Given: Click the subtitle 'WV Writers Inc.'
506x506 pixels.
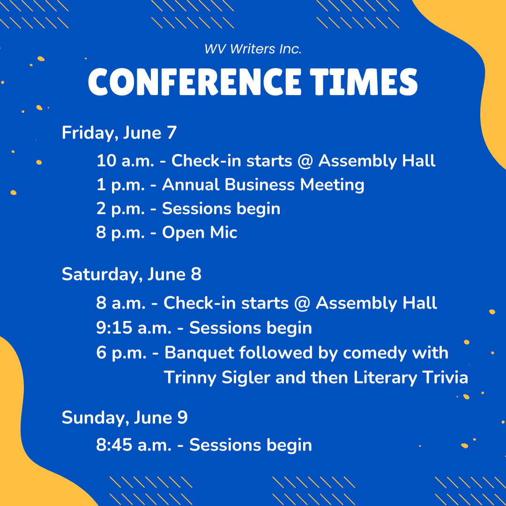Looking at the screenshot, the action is (x=253, y=49).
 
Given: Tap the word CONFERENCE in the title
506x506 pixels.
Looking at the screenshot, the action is (x=194, y=82).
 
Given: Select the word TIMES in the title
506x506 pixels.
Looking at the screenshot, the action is (x=364, y=82).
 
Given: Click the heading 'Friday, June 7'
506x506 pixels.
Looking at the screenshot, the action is (x=119, y=133).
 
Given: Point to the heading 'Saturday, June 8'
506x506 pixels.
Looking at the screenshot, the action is (x=131, y=275).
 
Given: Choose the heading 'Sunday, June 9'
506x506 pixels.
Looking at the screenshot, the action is (x=125, y=417).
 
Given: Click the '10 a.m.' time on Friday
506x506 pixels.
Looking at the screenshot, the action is (x=125, y=161).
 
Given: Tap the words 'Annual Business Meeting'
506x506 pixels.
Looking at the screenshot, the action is (x=263, y=185).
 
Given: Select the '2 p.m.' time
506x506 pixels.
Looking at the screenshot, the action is (x=120, y=209).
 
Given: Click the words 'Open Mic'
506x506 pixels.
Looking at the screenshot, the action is (x=200, y=233).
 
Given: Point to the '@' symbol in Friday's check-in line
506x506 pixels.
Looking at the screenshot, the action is (x=305, y=161).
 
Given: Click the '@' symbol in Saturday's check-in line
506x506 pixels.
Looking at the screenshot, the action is (x=302, y=303).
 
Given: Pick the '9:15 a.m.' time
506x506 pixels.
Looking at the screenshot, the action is (x=134, y=328).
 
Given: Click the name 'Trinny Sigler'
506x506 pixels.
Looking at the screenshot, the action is (x=217, y=378).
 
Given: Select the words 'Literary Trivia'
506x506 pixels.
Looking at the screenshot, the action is (x=410, y=378).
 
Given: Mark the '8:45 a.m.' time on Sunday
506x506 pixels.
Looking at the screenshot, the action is (x=134, y=445).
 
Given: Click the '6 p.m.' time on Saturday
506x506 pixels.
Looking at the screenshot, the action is (x=121, y=353).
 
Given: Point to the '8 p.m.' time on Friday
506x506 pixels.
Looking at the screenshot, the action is (x=120, y=233).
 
